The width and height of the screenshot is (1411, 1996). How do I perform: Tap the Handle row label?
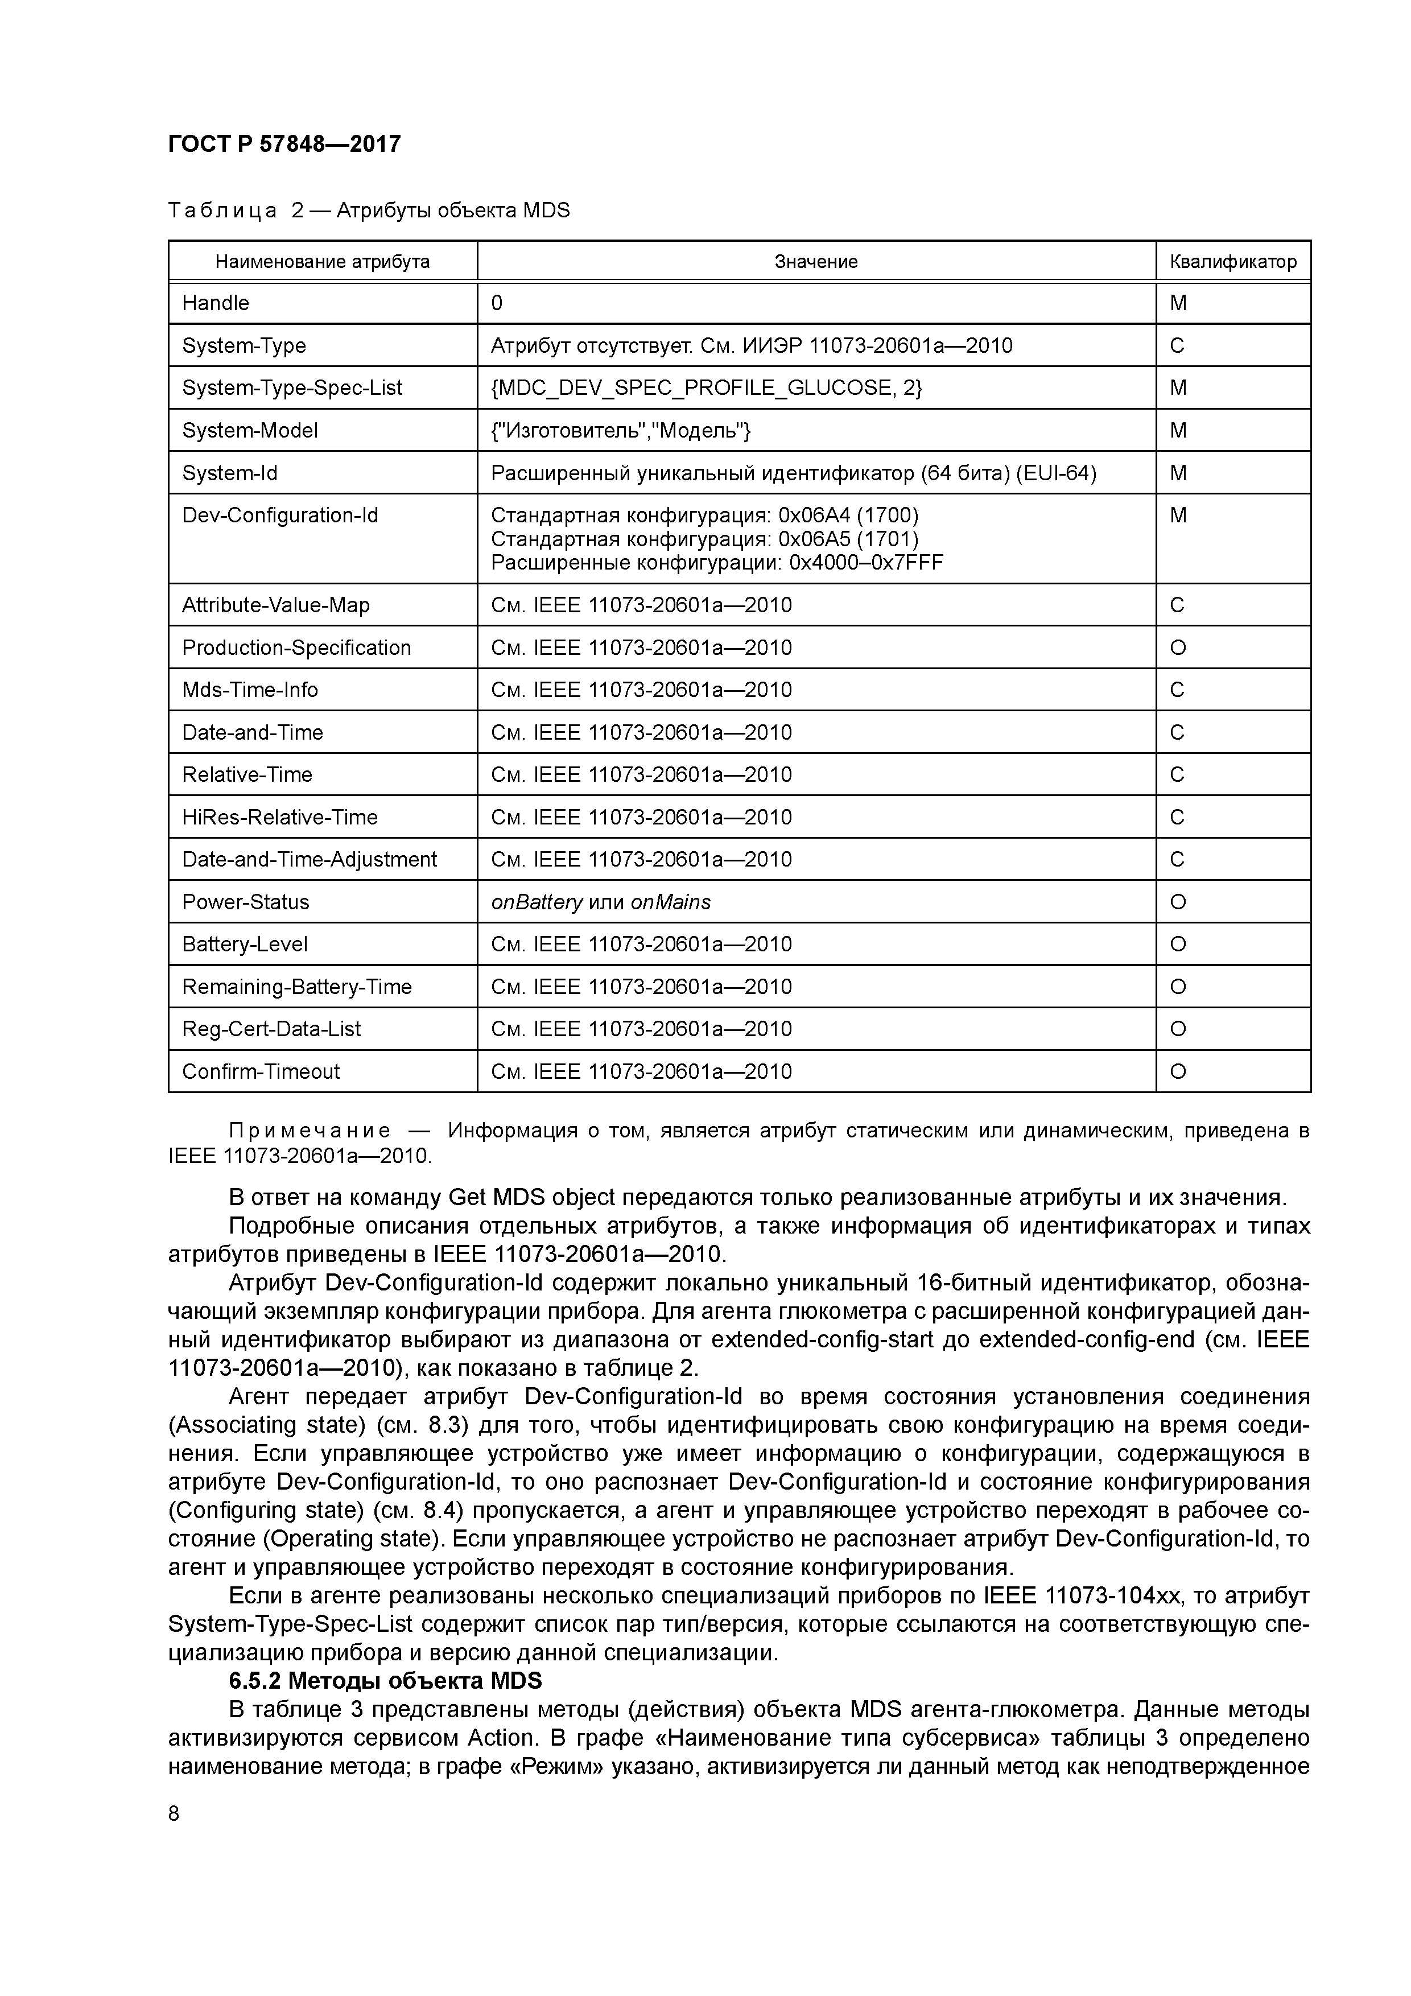click(x=216, y=303)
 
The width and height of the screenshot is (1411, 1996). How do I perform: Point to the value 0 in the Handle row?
click(x=497, y=303)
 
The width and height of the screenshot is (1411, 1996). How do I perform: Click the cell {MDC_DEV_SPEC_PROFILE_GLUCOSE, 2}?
click(x=706, y=387)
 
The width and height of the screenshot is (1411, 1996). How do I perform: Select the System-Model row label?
click(x=250, y=430)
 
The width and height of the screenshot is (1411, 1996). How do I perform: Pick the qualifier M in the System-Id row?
click(x=1178, y=473)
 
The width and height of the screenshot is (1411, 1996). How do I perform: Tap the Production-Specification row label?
click(x=296, y=648)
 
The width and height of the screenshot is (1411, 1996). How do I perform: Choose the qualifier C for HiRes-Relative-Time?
click(x=1177, y=817)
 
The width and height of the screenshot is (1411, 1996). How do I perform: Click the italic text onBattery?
click(x=537, y=902)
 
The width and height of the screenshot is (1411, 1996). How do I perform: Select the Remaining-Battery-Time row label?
click(x=296, y=987)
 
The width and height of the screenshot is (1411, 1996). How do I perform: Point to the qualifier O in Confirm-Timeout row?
click(x=1178, y=1072)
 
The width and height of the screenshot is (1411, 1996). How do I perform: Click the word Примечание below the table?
click(x=310, y=1131)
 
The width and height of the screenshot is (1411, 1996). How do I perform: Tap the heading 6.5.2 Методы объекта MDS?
click(x=385, y=1680)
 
